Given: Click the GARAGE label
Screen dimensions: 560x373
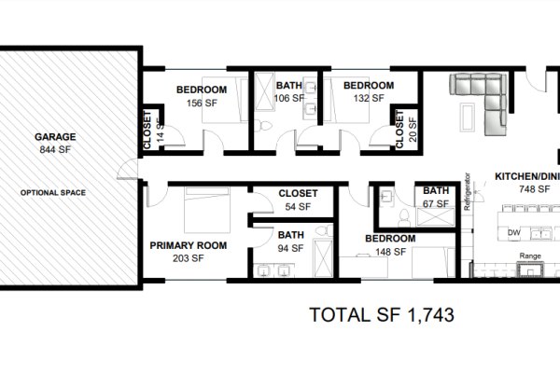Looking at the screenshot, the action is point(55,137).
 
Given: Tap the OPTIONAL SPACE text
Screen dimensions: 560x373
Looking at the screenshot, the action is point(53,193).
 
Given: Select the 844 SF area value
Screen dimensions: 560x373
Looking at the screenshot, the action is point(55,150).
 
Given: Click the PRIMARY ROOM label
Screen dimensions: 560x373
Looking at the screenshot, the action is point(189,245).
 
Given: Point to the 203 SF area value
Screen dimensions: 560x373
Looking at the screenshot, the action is point(189,258).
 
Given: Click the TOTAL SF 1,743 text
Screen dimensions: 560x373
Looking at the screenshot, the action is point(382,315).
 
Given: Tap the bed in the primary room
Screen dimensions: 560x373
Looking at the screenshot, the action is point(207,210).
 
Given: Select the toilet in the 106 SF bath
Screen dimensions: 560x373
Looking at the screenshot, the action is point(265,126).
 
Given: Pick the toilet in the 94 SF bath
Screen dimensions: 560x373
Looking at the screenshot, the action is point(326,229).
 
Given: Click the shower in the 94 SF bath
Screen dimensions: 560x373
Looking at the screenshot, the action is point(323,258).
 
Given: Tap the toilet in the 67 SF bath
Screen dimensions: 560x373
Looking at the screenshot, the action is point(404,217).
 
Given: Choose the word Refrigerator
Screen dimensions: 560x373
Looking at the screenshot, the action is point(467,192).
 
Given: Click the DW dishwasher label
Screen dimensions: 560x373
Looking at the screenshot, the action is point(513,233).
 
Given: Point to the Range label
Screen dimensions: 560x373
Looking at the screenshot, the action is point(530,256).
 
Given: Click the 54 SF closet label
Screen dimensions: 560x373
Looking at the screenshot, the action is point(298,207).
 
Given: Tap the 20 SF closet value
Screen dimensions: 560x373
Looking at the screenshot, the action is point(413,130).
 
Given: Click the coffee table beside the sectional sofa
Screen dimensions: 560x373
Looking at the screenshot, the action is point(468,117).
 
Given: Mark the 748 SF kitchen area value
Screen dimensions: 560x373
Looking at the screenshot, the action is point(534,189).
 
